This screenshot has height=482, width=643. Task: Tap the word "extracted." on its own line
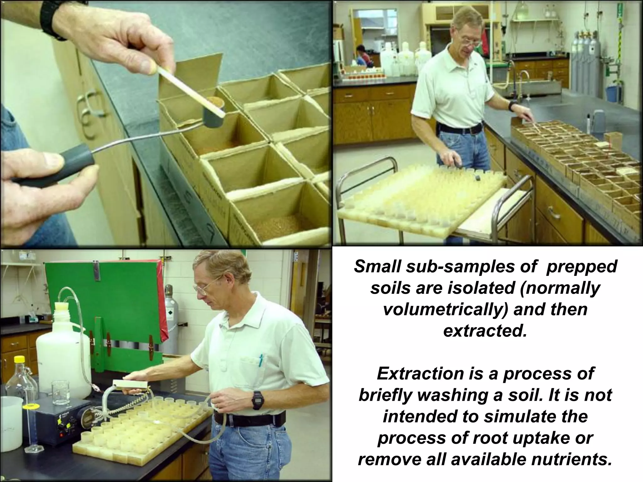(x=485, y=331)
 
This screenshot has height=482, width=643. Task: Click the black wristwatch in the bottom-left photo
(x=257, y=400)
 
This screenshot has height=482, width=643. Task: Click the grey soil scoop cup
(x=213, y=116)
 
